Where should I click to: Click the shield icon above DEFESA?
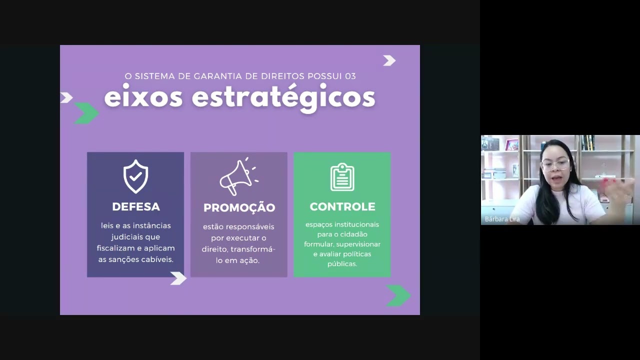pos(135,177)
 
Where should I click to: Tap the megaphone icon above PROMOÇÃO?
pos(237,177)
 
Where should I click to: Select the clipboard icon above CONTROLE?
pos(342,177)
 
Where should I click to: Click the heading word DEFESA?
pos(136,207)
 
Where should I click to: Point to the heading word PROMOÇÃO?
pos(239,207)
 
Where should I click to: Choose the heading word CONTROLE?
pos(342,207)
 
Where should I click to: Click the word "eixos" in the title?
pos(143,97)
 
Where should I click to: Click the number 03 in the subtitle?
pos(350,76)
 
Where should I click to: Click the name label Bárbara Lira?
pos(502,219)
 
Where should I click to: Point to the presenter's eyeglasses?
pos(554,164)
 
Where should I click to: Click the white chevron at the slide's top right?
pos(389,60)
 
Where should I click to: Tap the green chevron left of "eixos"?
pos(86,113)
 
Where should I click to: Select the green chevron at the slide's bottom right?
pos(398,295)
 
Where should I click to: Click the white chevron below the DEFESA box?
pos(178,278)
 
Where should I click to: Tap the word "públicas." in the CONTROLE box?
pos(342,264)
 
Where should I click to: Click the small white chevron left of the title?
pos(66,97)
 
